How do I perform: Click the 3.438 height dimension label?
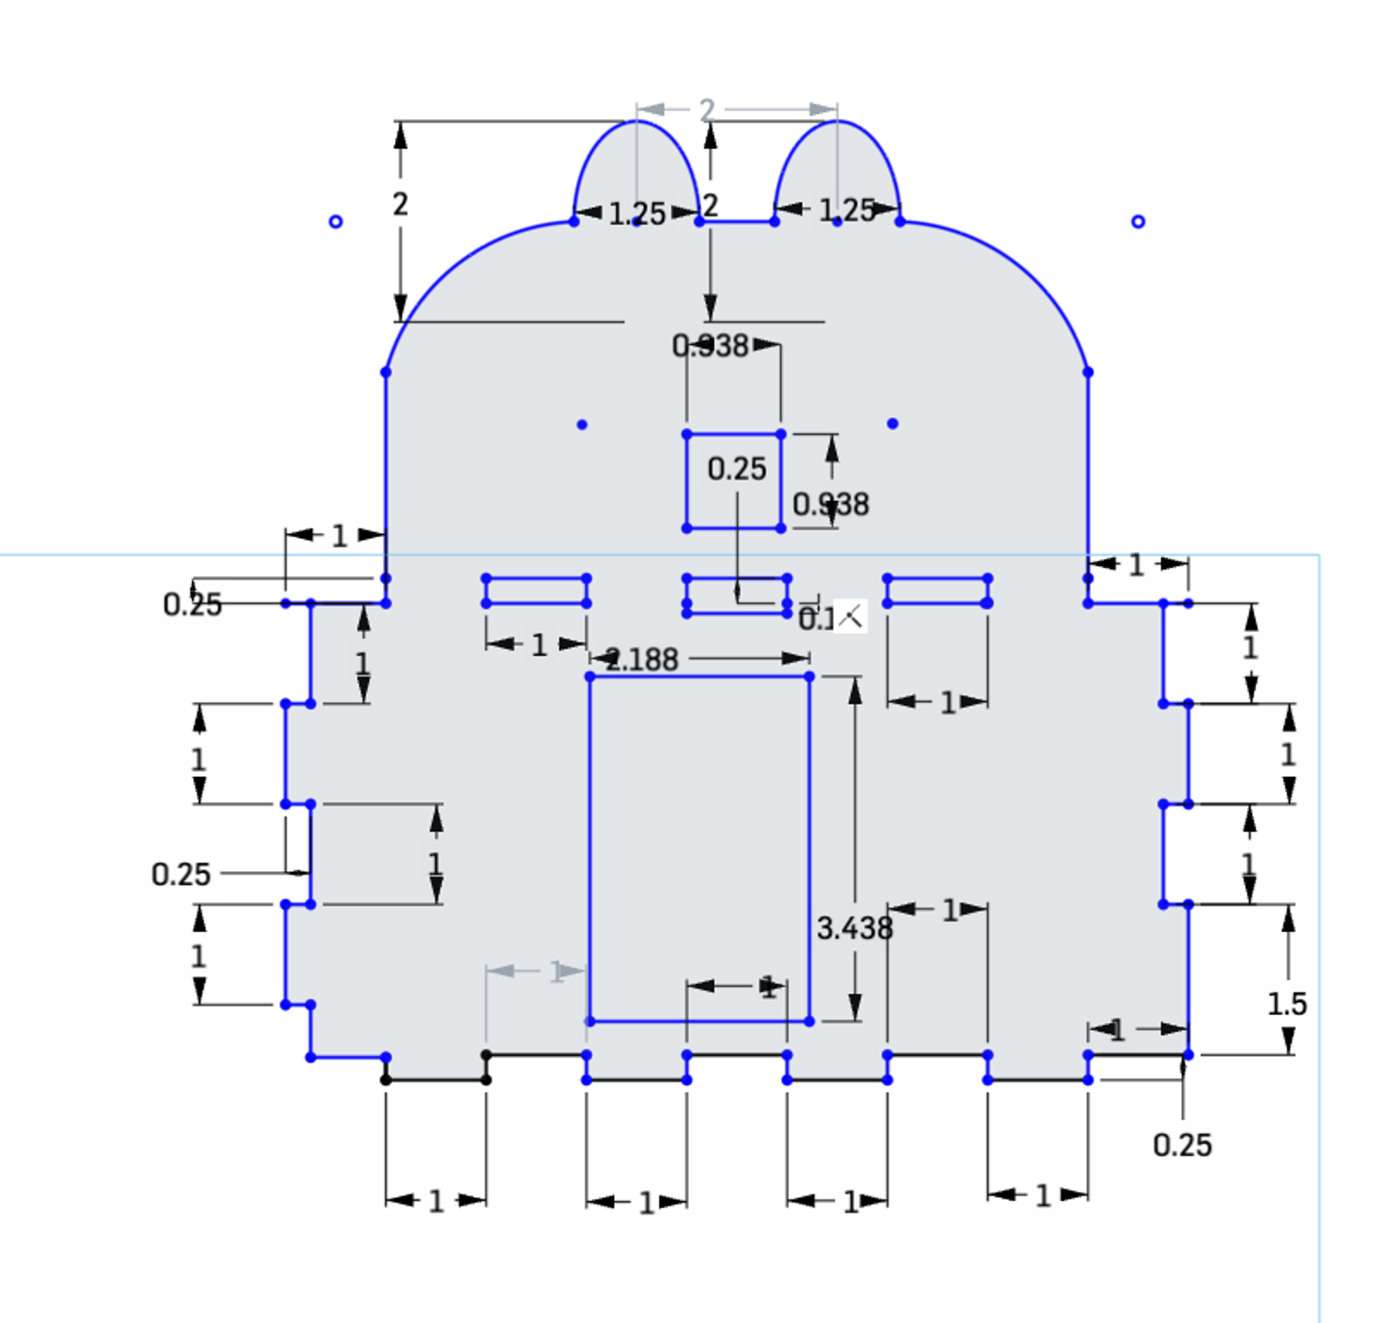coord(854,928)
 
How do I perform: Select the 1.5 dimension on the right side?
coord(1286,1004)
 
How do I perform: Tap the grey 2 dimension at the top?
coord(707,110)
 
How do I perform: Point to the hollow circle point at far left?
coord(336,222)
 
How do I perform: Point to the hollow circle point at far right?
coord(1138,222)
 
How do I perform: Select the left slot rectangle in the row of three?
coord(536,578)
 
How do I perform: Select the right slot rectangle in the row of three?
coord(937,578)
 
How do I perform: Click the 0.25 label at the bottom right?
coord(1181,1145)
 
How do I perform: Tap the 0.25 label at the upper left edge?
coord(192,604)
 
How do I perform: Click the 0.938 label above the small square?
coord(710,346)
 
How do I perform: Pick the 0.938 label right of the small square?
coord(830,504)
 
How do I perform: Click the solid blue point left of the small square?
coord(582,425)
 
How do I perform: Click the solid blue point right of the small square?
coord(892,424)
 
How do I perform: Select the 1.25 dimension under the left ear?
coord(636,214)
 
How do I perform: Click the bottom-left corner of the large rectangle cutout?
coord(590,1021)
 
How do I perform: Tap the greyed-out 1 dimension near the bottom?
coord(556,972)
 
